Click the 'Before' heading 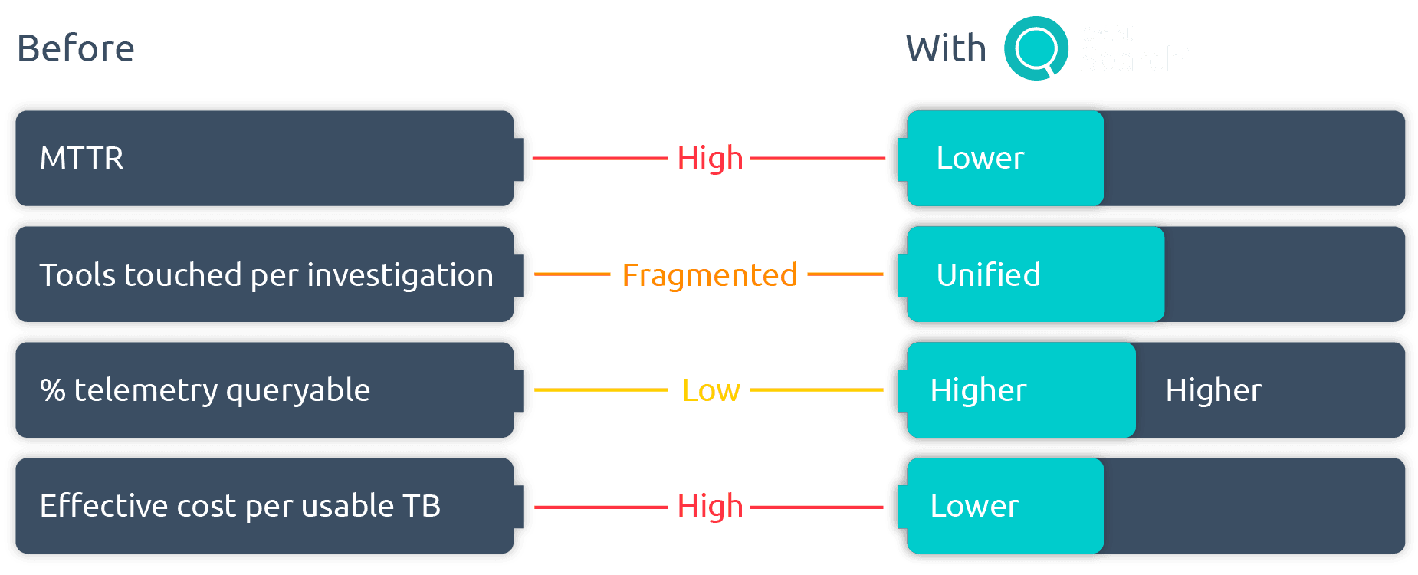click(x=76, y=48)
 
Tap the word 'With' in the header click(x=945, y=48)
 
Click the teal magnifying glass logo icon click(x=1036, y=48)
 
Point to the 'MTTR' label click(x=81, y=158)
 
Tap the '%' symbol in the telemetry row click(x=52, y=390)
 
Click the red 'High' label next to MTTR click(x=710, y=158)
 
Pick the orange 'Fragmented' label click(x=709, y=274)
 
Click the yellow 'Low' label click(x=711, y=390)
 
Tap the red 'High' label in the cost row click(x=710, y=506)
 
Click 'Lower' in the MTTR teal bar click(x=980, y=158)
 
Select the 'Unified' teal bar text click(x=988, y=274)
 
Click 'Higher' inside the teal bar click(x=978, y=390)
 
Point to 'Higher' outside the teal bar click(x=1213, y=390)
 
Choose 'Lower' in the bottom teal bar click(x=974, y=506)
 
